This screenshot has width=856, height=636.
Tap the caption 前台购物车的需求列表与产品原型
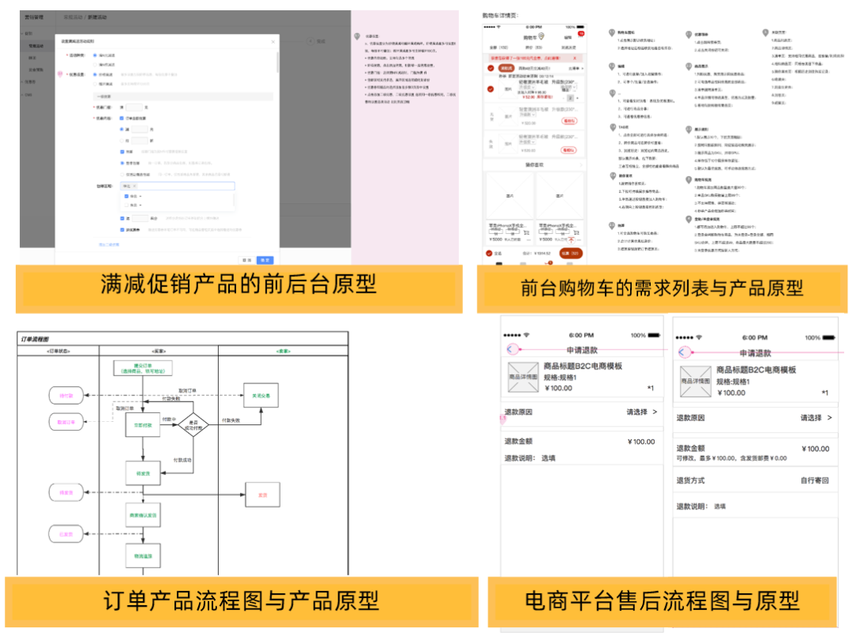(x=661, y=288)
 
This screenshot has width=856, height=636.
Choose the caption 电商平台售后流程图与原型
(x=662, y=600)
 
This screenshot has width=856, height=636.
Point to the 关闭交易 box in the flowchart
(x=261, y=394)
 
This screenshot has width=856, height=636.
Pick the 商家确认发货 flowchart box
(x=143, y=515)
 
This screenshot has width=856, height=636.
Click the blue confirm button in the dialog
(x=266, y=259)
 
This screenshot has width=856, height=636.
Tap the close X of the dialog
(x=273, y=41)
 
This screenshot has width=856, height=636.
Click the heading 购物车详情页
(x=500, y=15)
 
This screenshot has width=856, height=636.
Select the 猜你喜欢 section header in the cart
(x=535, y=164)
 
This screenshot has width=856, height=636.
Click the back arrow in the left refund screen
(x=511, y=349)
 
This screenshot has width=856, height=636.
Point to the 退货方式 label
(x=690, y=481)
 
